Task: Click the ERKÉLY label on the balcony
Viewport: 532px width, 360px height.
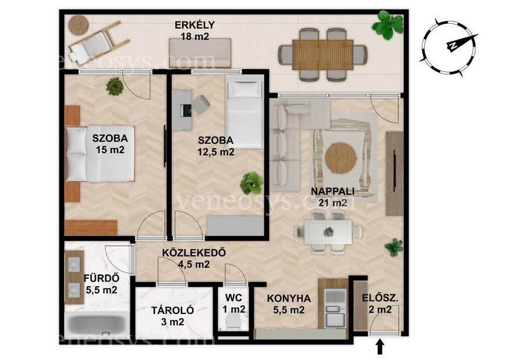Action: point(195,25)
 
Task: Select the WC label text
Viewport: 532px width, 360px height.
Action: point(234,298)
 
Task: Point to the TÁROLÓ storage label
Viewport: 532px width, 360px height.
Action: point(173,310)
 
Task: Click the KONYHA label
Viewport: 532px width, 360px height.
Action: point(289,298)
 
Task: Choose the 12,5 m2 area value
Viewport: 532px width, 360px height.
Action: point(216,152)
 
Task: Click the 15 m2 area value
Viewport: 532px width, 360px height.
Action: point(110,149)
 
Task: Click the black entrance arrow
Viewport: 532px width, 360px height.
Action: point(380,348)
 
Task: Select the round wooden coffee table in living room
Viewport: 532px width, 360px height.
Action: point(341,158)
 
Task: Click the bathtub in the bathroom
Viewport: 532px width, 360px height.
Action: point(98,325)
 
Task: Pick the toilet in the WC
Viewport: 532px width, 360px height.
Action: point(233,320)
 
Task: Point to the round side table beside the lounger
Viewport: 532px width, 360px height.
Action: point(79,25)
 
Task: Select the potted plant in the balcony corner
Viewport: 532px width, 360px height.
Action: point(387,24)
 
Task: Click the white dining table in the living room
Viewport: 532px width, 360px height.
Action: point(328,232)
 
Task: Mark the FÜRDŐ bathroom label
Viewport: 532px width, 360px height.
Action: point(101,279)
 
